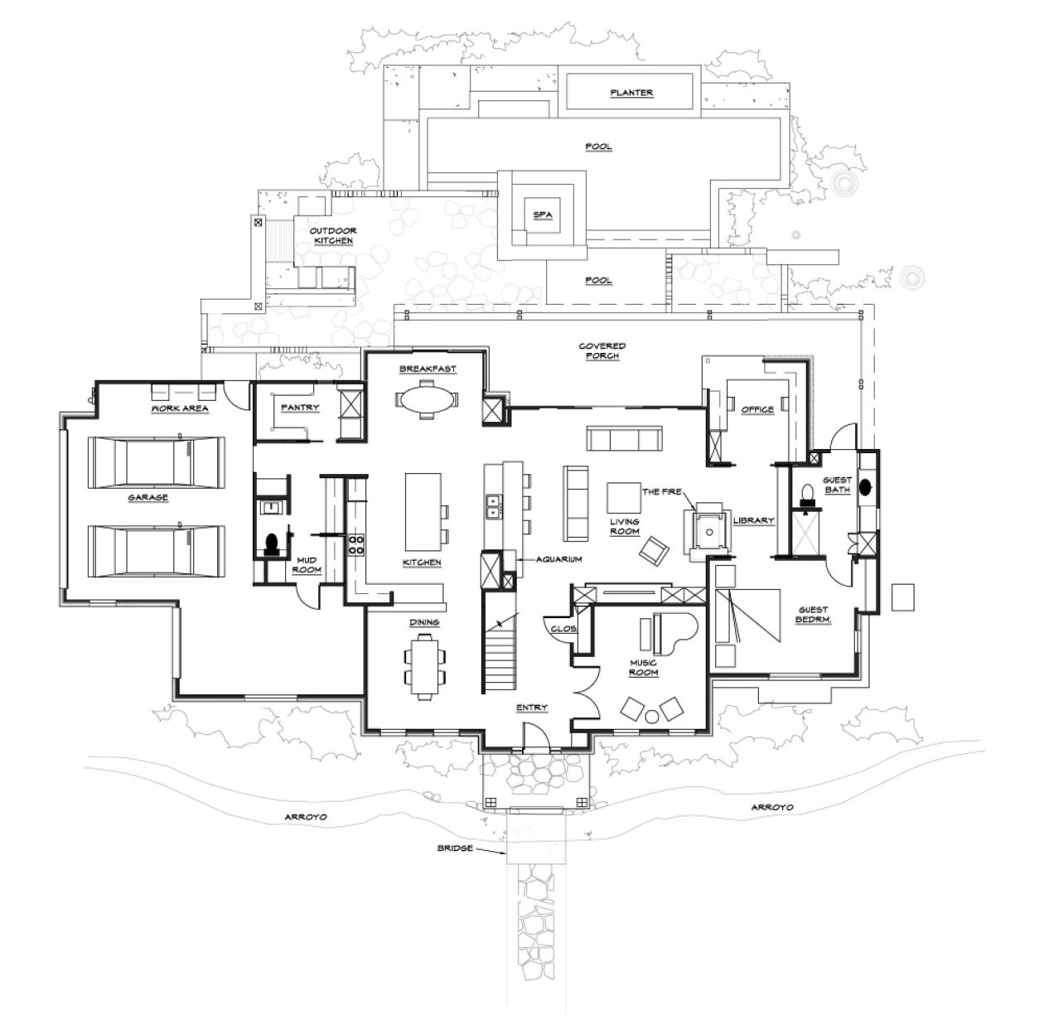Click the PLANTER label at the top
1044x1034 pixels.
[631, 93]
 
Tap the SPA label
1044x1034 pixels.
[542, 215]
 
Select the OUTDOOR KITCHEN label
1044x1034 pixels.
[333, 235]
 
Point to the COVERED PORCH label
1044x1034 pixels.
[602, 350]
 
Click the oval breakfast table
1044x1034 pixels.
[428, 399]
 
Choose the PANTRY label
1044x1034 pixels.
[299, 408]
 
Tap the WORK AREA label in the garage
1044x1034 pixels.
[179, 408]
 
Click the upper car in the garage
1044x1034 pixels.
[156, 461]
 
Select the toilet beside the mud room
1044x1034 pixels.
[270, 544]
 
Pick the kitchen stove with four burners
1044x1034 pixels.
[356, 544]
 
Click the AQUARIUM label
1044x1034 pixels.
[558, 559]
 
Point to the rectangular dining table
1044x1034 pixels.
[425, 663]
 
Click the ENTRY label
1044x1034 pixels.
[531, 708]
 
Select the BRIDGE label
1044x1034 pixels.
[455, 848]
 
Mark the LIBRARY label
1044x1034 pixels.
[753, 521]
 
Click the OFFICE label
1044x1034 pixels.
[757, 409]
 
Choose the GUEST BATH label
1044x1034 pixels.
[837, 485]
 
